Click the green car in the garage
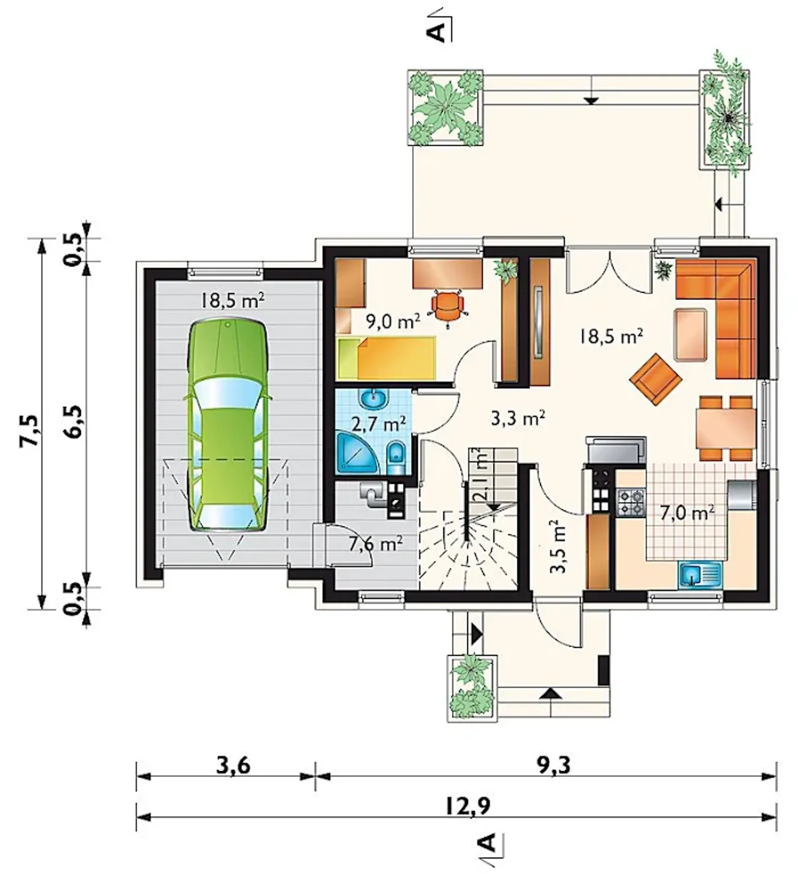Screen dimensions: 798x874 (x=228, y=425)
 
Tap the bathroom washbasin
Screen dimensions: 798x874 (x=373, y=398)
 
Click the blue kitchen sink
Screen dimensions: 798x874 (x=699, y=574)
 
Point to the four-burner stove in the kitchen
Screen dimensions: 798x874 (x=630, y=501)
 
